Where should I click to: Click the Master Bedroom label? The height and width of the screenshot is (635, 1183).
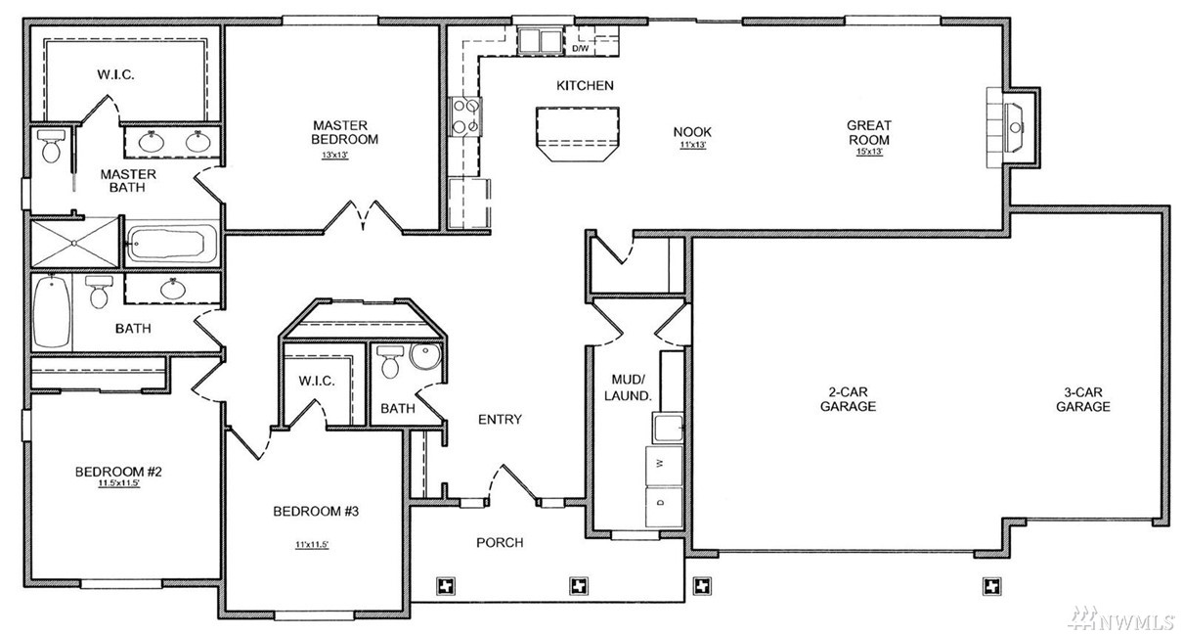click(345, 132)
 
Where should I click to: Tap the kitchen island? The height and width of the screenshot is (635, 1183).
click(577, 134)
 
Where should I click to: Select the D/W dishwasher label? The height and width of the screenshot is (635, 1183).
click(580, 49)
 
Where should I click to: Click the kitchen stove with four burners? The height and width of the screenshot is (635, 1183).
click(465, 116)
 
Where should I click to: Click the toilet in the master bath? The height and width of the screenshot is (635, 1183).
click(51, 145)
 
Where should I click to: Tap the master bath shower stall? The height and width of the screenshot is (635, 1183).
click(74, 244)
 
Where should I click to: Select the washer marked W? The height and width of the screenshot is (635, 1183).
click(664, 465)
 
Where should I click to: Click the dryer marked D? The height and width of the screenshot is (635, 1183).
click(664, 506)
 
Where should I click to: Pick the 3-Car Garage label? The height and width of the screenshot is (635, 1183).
click(1082, 399)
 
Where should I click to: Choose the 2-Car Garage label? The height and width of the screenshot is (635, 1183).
click(849, 399)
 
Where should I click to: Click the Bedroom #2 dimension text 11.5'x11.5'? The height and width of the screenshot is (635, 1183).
click(119, 483)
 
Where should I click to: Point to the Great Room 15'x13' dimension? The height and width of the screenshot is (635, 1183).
click(869, 152)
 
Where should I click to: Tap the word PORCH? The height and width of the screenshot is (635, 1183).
click(500, 542)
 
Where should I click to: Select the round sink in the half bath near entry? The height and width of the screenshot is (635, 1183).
click(425, 356)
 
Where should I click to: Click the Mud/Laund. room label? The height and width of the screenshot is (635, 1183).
click(628, 387)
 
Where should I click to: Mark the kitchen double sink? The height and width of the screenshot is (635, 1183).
click(540, 41)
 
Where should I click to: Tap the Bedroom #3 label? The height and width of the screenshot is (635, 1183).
click(316, 512)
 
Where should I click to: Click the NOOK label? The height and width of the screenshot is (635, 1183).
click(692, 132)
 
